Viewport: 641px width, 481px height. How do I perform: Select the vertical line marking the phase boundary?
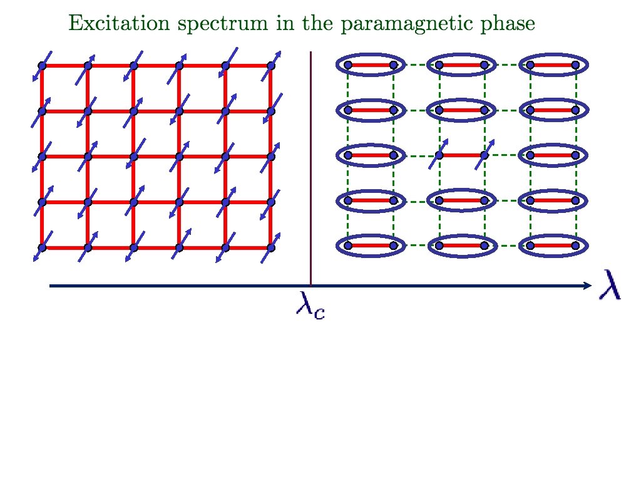coord(311,169)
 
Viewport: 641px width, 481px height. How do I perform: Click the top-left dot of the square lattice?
coord(42,65)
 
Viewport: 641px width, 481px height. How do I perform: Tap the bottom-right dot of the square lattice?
coord(271,248)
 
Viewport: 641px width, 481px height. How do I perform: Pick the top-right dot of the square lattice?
coord(271,65)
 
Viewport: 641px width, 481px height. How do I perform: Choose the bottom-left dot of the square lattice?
coord(42,248)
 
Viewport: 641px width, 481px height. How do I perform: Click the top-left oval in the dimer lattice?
coord(371,65)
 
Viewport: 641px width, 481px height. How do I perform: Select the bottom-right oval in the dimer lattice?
coord(553,246)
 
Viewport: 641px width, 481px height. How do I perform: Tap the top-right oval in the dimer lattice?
coord(553,65)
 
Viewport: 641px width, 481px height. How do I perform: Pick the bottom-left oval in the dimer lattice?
coord(371,246)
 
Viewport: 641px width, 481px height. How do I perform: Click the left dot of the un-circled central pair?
coord(439,155)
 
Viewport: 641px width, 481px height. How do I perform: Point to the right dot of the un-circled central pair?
coord(484,155)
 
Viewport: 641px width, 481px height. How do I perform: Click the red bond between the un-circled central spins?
coord(461,155)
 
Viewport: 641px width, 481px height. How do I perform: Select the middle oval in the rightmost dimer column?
coord(553,155)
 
